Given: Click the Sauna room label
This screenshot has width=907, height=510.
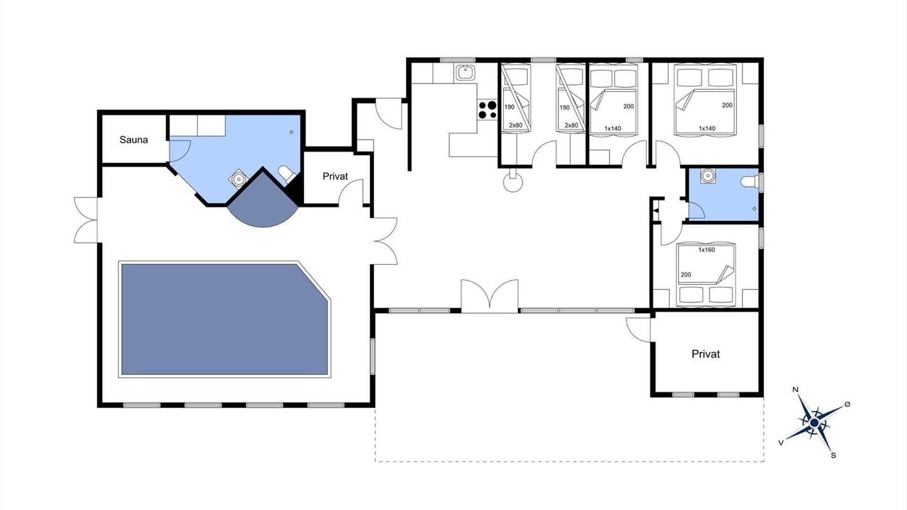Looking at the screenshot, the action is (x=134, y=140).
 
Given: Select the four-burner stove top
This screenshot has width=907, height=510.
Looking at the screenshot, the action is (x=487, y=110).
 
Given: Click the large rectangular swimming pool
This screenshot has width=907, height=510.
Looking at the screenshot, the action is (x=225, y=319).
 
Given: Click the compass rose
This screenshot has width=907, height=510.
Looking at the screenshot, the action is (x=814, y=423).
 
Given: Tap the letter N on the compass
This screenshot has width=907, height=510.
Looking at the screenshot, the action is (x=795, y=390).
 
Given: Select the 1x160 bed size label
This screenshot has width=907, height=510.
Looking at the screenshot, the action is (x=706, y=250).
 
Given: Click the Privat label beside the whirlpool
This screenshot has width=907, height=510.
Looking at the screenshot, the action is (x=335, y=176).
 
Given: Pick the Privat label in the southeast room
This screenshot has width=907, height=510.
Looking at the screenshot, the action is (x=706, y=354).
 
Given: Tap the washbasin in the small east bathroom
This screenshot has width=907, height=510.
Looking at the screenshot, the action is (x=707, y=176).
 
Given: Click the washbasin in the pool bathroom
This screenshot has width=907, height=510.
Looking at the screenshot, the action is (x=237, y=178).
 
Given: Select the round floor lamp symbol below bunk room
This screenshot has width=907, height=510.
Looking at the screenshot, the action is (x=513, y=182).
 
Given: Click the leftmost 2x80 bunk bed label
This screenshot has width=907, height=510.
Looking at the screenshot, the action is (x=515, y=125).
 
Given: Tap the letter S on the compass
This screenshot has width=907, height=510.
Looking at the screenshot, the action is (x=833, y=455).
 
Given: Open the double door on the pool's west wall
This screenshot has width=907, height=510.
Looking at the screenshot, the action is (x=86, y=220).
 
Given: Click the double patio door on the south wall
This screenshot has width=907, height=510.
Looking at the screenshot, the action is (x=490, y=296).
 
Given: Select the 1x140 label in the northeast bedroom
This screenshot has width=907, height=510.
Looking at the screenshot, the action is (x=707, y=128).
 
